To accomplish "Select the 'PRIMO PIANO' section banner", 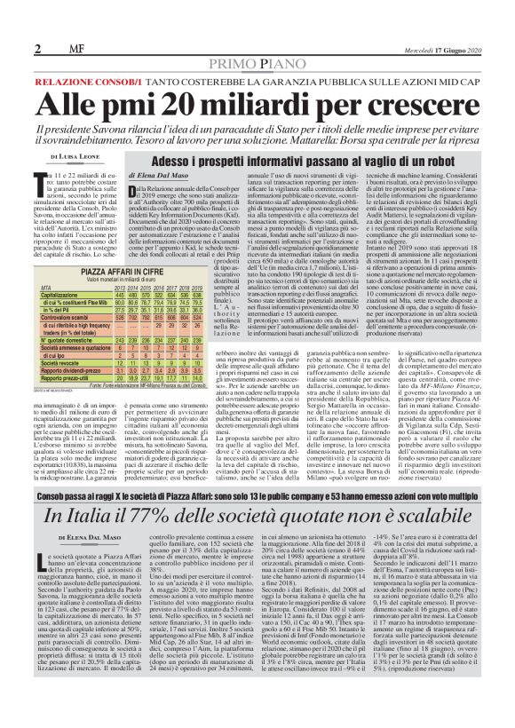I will pyautogui.click(x=257, y=63).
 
